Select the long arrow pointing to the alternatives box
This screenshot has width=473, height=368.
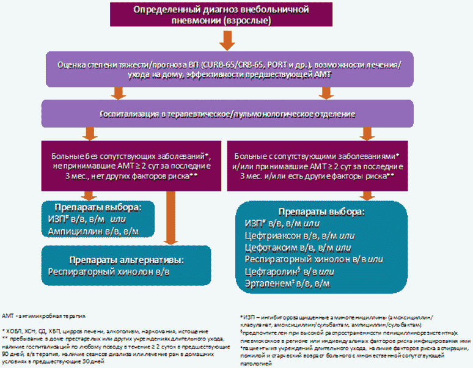click(x=169, y=217)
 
